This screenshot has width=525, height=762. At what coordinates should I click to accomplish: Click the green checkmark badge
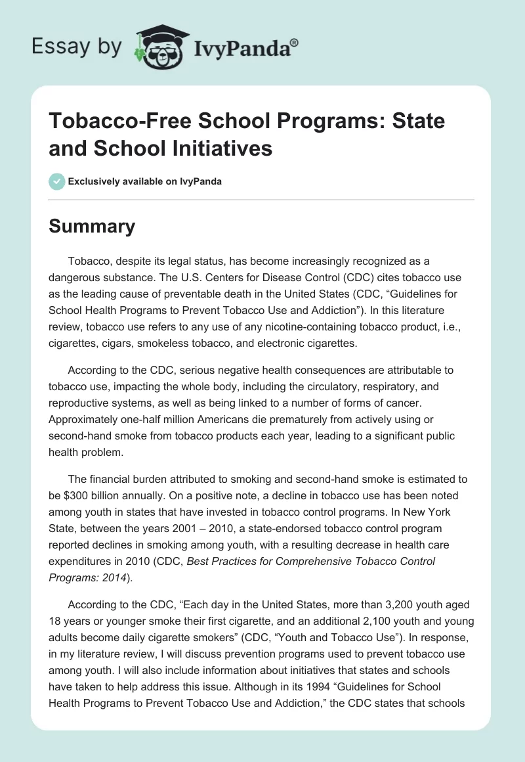coord(57,181)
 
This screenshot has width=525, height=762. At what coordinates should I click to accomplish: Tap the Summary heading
coord(92,226)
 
